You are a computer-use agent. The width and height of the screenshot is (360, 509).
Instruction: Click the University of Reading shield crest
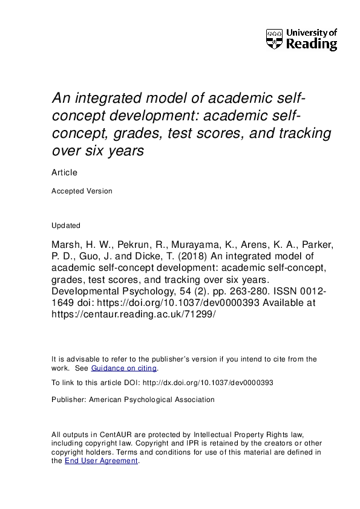click(274, 39)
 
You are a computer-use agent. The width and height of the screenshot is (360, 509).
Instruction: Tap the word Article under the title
click(64, 172)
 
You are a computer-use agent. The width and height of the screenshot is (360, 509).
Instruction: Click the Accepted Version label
click(82, 191)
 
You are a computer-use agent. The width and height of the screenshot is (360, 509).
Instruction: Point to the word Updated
click(66, 225)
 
